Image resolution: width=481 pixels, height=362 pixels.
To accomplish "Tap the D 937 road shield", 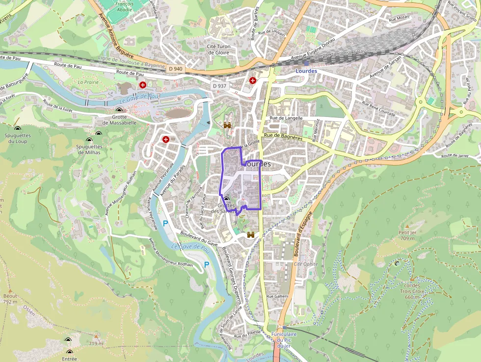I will pyautogui.click(x=220, y=86).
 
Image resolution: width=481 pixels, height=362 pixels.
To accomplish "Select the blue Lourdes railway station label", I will pyautogui.click(x=307, y=71).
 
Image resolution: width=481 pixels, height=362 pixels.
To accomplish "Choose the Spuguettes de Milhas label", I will pyautogui.click(x=89, y=149).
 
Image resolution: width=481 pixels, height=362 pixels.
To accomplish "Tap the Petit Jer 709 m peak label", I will pyautogui.click(x=407, y=235).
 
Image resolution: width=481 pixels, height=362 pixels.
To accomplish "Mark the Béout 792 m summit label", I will pyautogui.click(x=10, y=299).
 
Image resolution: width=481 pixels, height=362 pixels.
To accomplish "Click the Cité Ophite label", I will pyautogui.click(x=305, y=264).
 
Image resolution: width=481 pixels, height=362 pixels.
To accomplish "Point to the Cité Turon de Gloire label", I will pyautogui.click(x=218, y=49).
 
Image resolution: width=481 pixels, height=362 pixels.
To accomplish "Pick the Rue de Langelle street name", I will pyautogui.click(x=286, y=118).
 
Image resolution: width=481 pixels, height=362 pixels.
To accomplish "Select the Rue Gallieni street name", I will pyautogui.click(x=277, y=296).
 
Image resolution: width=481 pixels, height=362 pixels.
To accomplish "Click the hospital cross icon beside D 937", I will pyautogui.click(x=253, y=81).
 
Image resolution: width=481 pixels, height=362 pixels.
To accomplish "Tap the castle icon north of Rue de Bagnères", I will pyautogui.click(x=227, y=125).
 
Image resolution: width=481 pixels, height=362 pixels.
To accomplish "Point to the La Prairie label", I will pyautogui.click(x=88, y=82).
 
